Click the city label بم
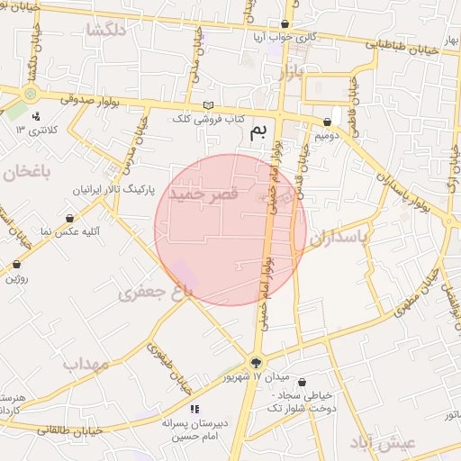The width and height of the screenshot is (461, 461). (x=259, y=133)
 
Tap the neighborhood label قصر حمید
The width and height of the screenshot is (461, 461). (x=209, y=194)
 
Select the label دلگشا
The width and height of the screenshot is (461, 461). (x=106, y=30)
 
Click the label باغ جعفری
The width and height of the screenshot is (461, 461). (x=156, y=291)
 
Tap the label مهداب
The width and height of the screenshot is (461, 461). (x=86, y=364)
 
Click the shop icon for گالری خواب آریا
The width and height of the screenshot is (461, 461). (x=285, y=24)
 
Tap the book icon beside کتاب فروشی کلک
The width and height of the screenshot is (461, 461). (x=209, y=105)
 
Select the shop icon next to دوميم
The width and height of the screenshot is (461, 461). (x=327, y=122)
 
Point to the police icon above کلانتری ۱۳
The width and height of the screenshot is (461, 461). (x=35, y=116)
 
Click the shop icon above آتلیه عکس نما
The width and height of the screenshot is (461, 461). (x=70, y=218)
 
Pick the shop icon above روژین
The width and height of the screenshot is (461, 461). (x=17, y=265)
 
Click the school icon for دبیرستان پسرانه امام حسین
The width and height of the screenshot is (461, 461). (x=194, y=409)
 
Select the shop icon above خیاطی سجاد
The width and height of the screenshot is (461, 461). (x=301, y=382)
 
